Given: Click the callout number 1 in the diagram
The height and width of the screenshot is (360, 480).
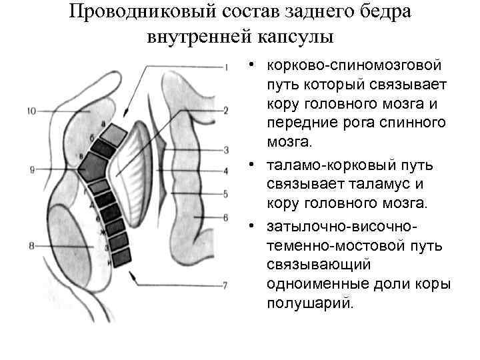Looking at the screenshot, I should pos(227,67).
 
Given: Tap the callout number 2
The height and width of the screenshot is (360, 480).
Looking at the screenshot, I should pos(226,110).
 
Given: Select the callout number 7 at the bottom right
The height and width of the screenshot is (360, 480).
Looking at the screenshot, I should pos(225,285).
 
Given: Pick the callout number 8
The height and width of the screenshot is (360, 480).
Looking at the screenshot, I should pos(31,247).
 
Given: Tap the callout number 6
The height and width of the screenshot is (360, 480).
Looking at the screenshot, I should pos(226,217).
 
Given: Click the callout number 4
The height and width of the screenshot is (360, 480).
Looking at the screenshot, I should pos(226,171).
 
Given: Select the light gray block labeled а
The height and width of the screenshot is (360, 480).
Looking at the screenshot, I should pos(115,135).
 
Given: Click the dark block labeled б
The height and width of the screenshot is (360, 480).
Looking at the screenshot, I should pos(104,148).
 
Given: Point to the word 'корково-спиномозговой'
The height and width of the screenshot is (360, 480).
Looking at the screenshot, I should pos(354,65).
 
